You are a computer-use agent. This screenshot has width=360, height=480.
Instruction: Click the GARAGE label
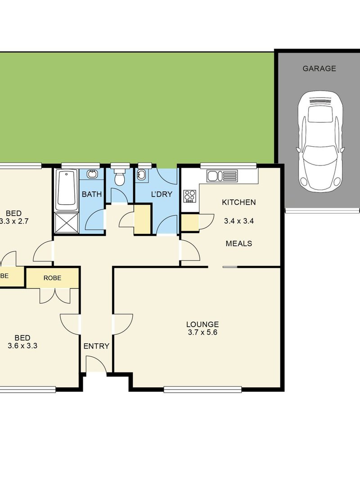tap(319, 69)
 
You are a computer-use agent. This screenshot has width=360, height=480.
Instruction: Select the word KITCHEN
tap(238, 202)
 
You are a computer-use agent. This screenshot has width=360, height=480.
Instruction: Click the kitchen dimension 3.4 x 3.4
tap(238, 221)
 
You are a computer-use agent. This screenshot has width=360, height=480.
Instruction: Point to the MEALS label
tap(238, 244)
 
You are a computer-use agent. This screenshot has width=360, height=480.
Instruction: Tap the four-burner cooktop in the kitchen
tap(189, 196)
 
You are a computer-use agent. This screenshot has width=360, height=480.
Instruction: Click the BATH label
tap(92, 195)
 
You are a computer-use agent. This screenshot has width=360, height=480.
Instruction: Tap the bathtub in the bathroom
tap(67, 189)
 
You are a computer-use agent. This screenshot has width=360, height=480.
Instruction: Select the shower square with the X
tap(67, 223)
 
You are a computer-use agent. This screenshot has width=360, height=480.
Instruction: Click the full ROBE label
tap(52, 278)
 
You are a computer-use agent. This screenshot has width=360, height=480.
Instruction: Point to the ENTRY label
tap(96, 346)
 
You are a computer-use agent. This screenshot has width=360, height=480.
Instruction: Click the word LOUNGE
tap(202, 324)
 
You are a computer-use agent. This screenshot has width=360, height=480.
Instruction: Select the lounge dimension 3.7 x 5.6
tap(202, 332)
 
